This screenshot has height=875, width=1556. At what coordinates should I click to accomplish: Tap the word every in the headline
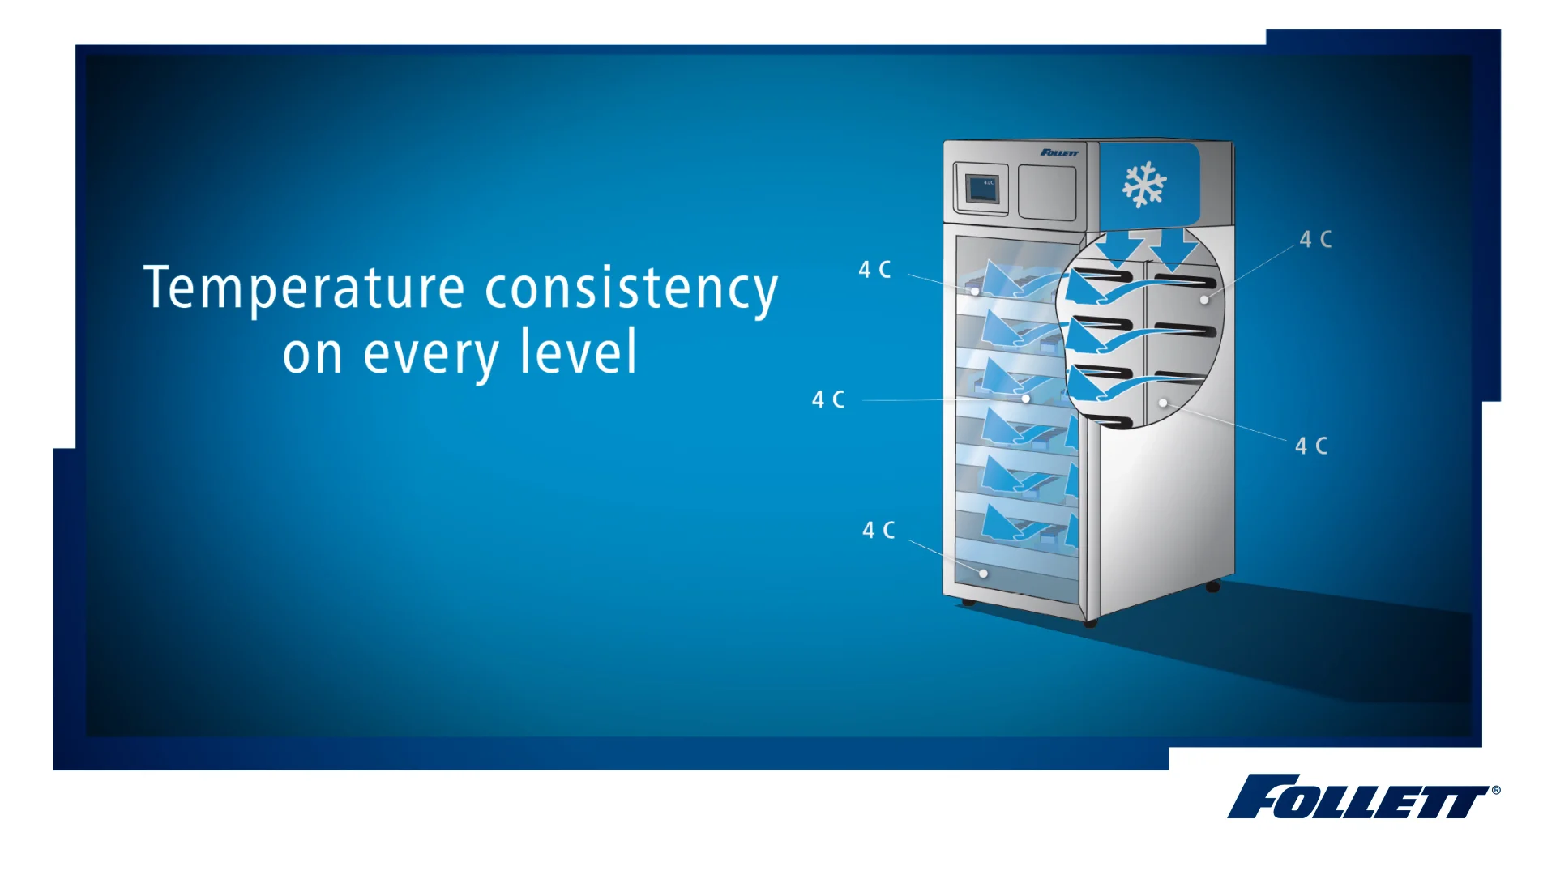430,355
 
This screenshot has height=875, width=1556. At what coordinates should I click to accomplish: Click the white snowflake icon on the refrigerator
1143,185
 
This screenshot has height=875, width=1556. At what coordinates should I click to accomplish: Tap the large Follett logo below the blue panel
1357,796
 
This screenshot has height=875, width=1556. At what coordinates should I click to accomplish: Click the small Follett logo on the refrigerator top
1059,152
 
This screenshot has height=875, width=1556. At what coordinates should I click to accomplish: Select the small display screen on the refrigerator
981,190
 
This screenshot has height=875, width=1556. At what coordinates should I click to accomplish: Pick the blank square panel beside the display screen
1046,192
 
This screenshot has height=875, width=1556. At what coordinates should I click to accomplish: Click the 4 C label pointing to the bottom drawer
878,531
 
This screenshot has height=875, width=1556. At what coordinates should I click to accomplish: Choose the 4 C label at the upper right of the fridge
1315,240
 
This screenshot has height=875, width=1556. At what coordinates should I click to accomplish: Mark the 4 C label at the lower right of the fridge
1310,446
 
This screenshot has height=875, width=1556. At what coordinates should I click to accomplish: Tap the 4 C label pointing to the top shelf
874,270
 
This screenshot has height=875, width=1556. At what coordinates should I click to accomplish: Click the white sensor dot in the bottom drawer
983,574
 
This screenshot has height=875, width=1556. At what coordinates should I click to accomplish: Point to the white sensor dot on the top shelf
975,291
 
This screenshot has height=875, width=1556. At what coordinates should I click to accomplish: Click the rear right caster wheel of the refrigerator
1212,586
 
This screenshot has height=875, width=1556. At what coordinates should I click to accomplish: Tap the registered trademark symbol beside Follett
1496,790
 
